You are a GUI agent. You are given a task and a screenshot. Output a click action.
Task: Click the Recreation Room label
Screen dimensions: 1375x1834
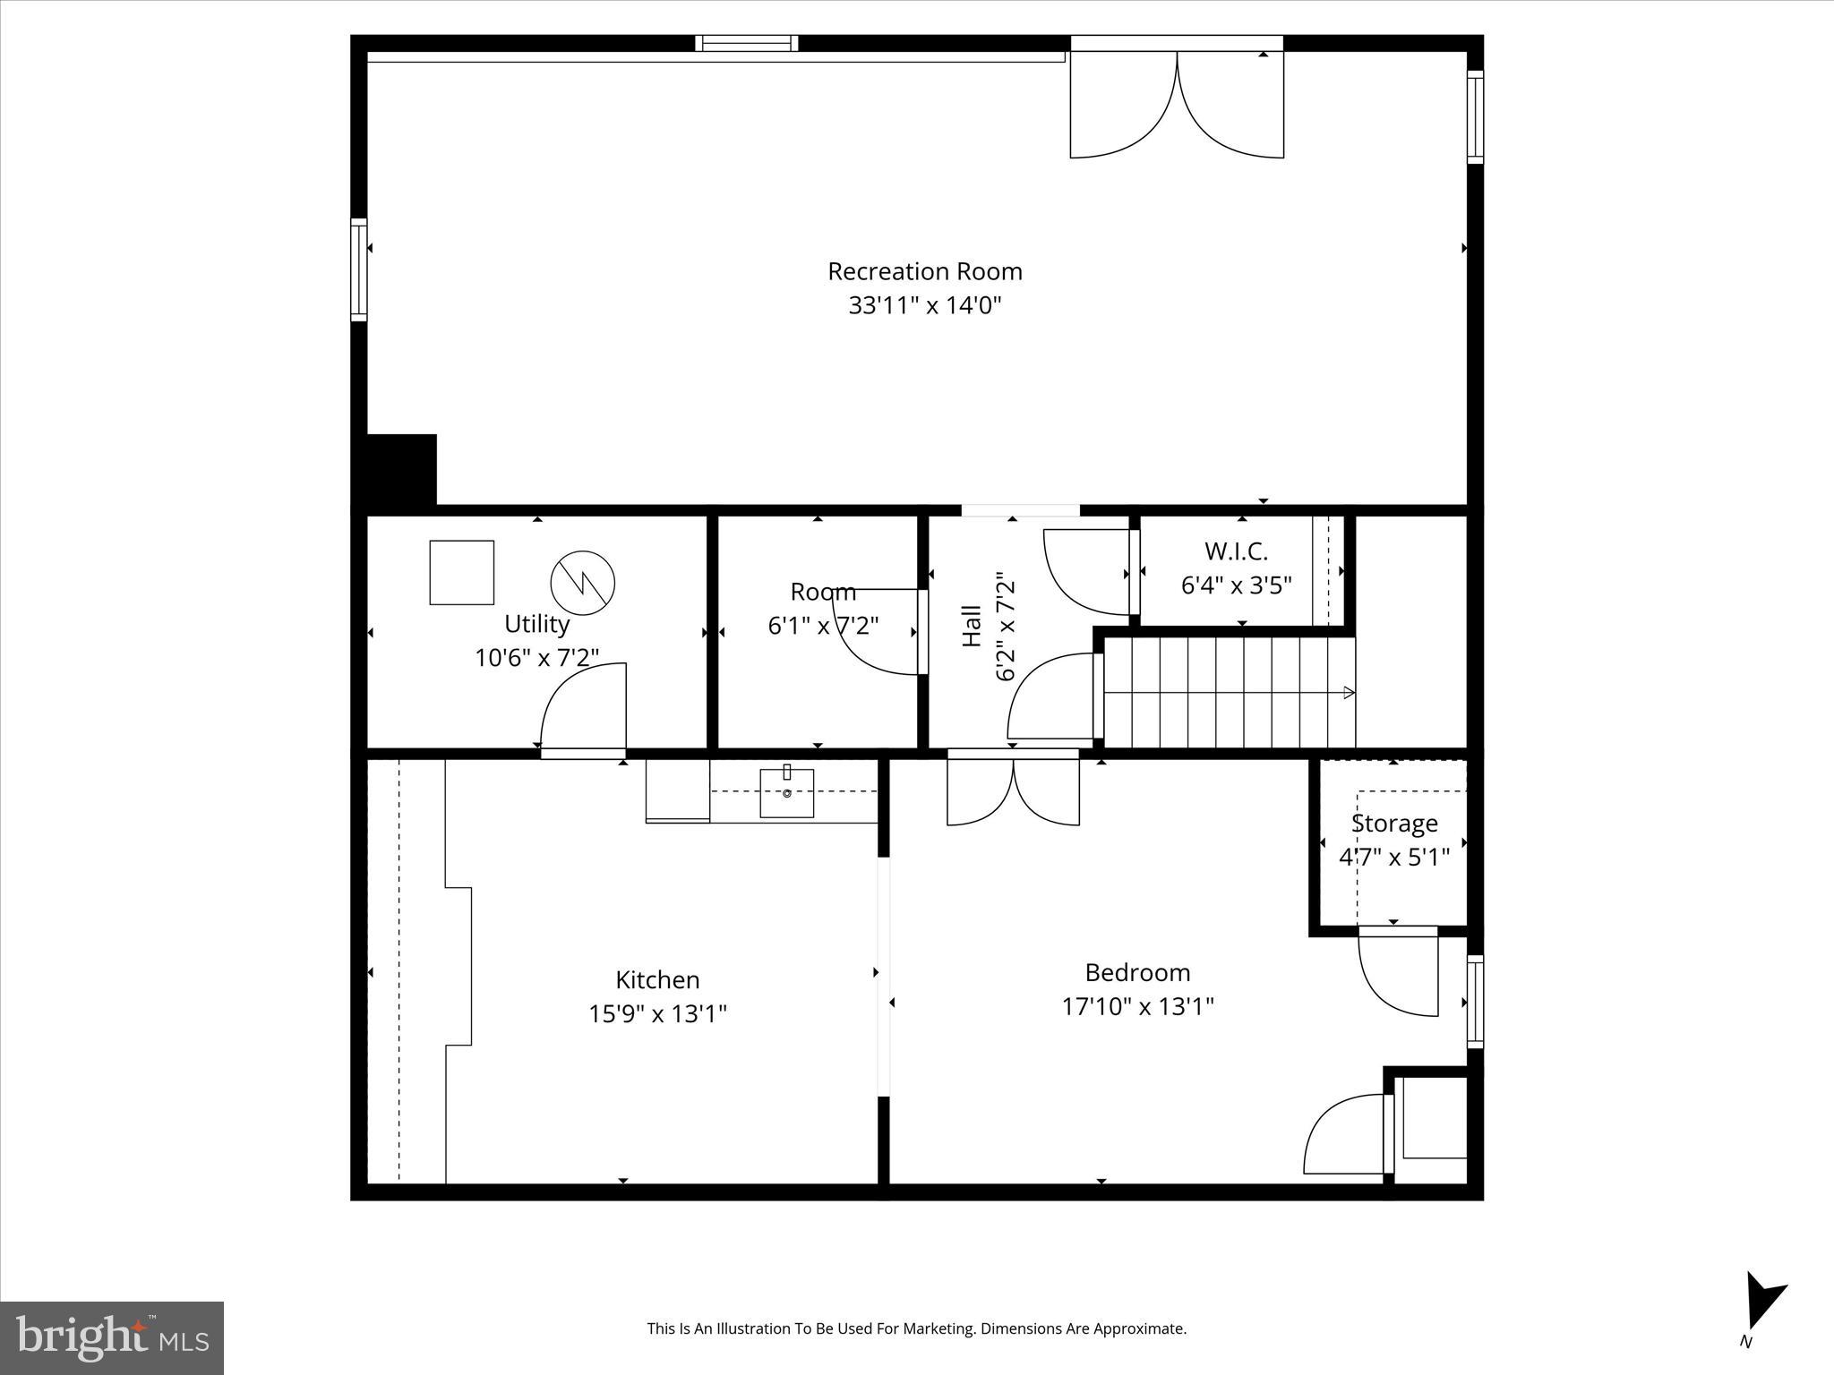tap(924, 271)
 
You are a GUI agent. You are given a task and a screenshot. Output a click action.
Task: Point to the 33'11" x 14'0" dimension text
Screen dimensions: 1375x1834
tap(924, 306)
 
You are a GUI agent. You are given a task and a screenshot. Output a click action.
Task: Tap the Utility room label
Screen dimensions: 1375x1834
tap(536, 624)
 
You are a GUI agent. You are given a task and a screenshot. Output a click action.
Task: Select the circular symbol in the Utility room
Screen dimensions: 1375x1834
tap(582, 583)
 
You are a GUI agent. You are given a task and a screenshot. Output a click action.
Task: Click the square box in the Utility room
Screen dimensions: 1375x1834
tap(461, 572)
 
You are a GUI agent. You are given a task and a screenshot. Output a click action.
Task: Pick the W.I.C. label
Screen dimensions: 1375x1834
tap(1236, 551)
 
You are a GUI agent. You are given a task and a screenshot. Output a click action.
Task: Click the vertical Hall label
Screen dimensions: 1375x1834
tap(972, 626)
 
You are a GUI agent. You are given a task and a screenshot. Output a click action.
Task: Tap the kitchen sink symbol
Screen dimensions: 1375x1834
tap(786, 792)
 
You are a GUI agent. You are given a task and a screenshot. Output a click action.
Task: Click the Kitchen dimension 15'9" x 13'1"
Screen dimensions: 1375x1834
tap(657, 1014)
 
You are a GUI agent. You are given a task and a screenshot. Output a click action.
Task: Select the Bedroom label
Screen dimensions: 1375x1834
tap(1137, 972)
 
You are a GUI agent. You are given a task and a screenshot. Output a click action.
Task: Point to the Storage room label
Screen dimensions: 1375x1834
tap(1394, 824)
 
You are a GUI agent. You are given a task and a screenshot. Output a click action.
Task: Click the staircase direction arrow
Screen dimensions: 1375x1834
tap(1349, 692)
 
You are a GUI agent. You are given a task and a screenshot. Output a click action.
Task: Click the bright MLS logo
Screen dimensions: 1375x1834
tap(112, 1338)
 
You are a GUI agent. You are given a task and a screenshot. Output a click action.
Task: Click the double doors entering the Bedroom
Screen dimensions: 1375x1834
tap(1013, 792)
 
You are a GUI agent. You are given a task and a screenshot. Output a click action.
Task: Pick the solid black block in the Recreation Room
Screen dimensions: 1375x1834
tap(400, 470)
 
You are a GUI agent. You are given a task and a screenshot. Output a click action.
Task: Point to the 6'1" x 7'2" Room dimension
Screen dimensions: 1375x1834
tap(823, 626)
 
